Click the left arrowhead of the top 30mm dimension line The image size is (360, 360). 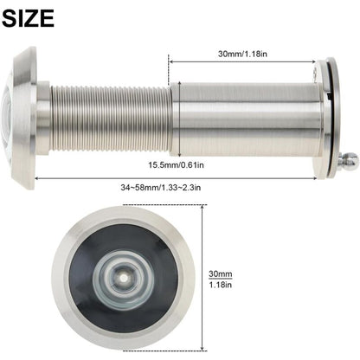tap(170, 61)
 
